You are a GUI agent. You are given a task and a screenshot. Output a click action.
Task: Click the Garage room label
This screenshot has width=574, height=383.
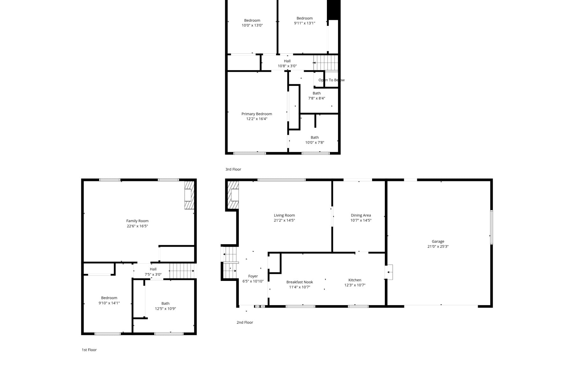pos(438,242)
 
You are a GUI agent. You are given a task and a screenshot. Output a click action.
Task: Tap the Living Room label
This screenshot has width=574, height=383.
pos(284,215)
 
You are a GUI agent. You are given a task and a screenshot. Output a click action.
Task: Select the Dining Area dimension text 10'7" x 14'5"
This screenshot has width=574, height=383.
pos(361,220)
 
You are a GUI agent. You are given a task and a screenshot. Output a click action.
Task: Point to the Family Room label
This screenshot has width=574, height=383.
pos(137,221)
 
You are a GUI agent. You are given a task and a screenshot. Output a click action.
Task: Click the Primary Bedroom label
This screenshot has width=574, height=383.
pos(257,114)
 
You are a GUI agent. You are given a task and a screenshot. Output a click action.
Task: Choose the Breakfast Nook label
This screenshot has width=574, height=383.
pos(300,282)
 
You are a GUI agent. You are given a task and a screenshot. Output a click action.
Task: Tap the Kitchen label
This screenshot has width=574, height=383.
pos(355,280)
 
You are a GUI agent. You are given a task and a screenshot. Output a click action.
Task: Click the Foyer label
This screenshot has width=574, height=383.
pos(253,276)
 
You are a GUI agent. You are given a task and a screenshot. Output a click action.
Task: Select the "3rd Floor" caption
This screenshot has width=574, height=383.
pos(233,169)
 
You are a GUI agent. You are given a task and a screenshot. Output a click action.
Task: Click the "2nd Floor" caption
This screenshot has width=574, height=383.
pos(245,322)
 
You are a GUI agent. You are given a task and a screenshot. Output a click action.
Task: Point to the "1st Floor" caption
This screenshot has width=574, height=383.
pos(89,350)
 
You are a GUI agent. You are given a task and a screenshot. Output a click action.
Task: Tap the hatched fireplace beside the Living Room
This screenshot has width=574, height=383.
pos(233,195)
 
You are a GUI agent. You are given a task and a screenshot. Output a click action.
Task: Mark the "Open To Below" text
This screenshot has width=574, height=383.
pos(332,80)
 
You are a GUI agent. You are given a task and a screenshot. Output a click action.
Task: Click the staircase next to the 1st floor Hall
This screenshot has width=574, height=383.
pos(182,271)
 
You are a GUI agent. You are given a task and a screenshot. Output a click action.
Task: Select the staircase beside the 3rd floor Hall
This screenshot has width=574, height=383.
pos(326,63)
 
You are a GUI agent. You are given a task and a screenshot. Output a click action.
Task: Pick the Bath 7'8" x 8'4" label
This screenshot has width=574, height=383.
pos(317,96)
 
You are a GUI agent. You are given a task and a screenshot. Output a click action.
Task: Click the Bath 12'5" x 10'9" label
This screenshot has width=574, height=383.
pos(166,306)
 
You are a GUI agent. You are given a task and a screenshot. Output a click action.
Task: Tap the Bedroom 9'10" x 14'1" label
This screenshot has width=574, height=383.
pos(109,301)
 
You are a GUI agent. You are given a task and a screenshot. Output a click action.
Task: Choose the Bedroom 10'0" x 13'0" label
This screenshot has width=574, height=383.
pos(252,23)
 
